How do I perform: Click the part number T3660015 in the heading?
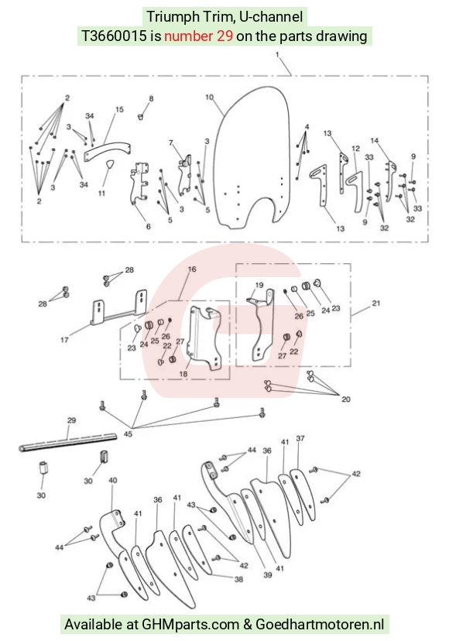[114, 36]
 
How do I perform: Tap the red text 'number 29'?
[198, 36]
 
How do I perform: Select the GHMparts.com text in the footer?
[190, 624]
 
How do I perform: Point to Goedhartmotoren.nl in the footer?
[320, 624]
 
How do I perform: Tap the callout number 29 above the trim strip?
[71, 420]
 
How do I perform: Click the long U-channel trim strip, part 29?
[68, 443]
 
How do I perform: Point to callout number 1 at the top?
[278, 54]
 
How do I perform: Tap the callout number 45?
[128, 434]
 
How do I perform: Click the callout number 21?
[375, 303]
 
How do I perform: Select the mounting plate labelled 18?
[206, 338]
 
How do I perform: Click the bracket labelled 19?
[262, 324]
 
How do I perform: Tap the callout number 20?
[346, 399]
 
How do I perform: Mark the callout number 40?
[113, 480]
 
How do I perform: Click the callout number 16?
[192, 269]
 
